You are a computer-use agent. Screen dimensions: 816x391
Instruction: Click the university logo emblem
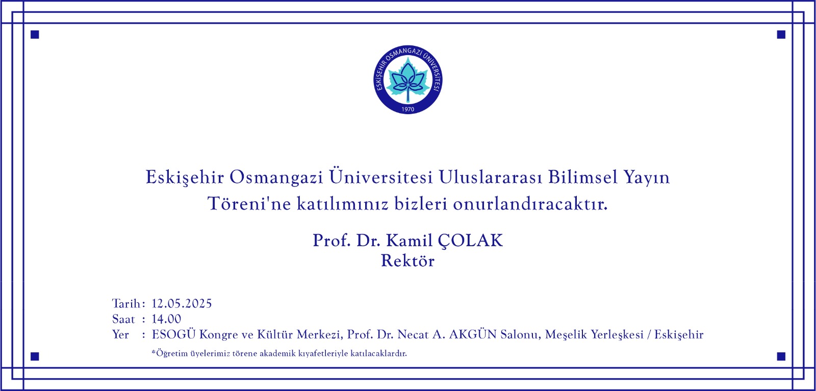(x=408, y=80)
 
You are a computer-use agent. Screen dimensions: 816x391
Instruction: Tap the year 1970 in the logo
(x=408, y=109)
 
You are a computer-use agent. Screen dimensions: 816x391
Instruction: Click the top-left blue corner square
(x=35, y=35)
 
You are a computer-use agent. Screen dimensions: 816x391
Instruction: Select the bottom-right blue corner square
(x=781, y=356)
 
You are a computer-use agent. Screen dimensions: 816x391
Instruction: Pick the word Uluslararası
(x=490, y=177)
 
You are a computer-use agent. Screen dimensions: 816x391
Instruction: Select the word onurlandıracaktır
(x=530, y=204)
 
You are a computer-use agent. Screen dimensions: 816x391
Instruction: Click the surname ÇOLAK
(x=470, y=241)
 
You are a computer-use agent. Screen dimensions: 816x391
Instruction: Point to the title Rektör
(x=407, y=261)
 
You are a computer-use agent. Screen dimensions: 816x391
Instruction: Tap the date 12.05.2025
(x=182, y=304)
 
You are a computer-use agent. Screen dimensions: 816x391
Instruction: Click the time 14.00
(x=166, y=319)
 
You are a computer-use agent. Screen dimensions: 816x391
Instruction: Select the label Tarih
(x=126, y=304)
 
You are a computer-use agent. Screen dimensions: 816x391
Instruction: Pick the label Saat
(x=123, y=319)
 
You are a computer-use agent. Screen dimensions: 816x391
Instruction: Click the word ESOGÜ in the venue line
(x=173, y=334)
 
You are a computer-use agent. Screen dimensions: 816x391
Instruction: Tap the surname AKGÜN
(x=473, y=334)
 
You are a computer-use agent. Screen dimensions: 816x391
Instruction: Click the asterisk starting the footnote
(x=154, y=352)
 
